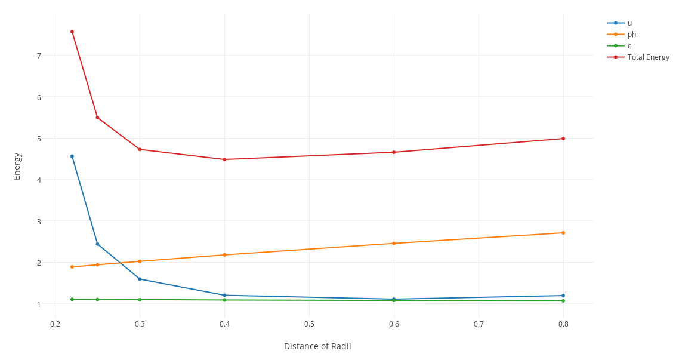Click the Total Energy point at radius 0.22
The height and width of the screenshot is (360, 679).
point(72,32)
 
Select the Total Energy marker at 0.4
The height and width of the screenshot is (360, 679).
point(224,159)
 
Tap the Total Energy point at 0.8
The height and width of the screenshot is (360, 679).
point(563,139)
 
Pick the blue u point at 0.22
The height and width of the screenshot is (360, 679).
point(72,156)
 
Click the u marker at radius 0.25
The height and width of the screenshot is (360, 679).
point(97,244)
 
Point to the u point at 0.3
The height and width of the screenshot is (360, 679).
point(140,279)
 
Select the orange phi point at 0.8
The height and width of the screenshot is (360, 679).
point(563,233)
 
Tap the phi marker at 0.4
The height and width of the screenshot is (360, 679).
point(224,255)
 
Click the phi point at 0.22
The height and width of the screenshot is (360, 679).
point(72,267)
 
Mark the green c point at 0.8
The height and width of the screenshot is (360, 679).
point(563,301)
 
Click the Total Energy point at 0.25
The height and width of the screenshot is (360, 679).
point(97,118)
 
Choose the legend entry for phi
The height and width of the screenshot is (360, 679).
point(632,35)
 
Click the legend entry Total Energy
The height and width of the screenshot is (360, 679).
point(648,57)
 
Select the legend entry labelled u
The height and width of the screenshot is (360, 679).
point(629,23)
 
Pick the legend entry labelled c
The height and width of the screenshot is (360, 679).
point(629,46)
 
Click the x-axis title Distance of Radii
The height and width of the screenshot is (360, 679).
point(317,346)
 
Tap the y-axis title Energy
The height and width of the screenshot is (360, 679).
point(17,166)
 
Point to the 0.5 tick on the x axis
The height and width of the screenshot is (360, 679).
point(309,324)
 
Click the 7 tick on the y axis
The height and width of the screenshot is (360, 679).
point(39,56)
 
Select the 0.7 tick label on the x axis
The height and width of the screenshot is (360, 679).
point(479,324)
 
